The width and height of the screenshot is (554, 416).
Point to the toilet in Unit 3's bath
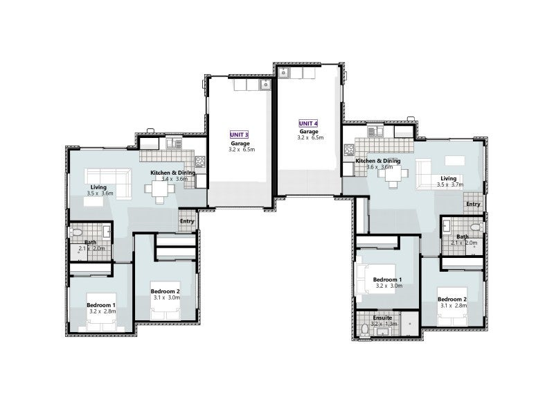click(x=78, y=232)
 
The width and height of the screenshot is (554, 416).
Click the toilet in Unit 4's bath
click(x=474, y=227)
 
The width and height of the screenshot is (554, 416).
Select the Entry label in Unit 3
click(x=187, y=221)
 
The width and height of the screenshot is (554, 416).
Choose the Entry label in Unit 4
click(x=473, y=204)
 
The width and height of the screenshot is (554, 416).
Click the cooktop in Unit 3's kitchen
click(x=199, y=162)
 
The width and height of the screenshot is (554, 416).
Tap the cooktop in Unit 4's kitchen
click(x=348, y=150)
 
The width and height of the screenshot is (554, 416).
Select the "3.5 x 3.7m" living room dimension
click(x=450, y=185)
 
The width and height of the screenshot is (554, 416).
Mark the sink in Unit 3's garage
click(x=265, y=85)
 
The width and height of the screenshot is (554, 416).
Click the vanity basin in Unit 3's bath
click(x=107, y=231)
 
